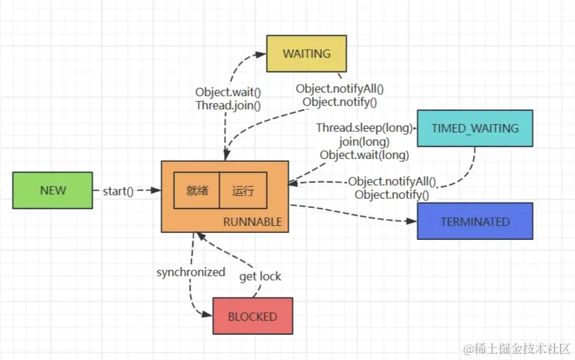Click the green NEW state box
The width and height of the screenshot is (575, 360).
pyautogui.click(x=52, y=190)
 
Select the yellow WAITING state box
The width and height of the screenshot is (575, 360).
pyautogui.click(x=306, y=54)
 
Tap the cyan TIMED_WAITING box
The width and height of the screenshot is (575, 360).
pyautogui.click(x=475, y=128)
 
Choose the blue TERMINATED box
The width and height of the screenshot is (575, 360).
pyautogui.click(x=475, y=221)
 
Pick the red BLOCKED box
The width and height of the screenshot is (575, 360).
pyautogui.click(x=253, y=316)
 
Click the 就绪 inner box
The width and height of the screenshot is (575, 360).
pyautogui.click(x=197, y=190)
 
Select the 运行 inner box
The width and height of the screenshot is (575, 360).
pyautogui.click(x=243, y=190)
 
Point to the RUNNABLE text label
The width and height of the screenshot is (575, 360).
pyautogui.click(x=253, y=222)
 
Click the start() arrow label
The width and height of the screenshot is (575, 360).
pyautogui.click(x=118, y=190)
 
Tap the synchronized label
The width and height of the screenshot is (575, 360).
pyautogui.click(x=191, y=272)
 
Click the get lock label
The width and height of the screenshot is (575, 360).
pyautogui.click(x=260, y=276)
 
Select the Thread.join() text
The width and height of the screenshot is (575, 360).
pyautogui.click(x=228, y=106)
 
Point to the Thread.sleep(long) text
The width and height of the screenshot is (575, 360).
pyautogui.click(x=364, y=128)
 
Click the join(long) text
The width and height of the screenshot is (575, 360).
pyautogui.click(x=364, y=142)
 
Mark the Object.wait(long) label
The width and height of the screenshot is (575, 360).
pyautogui.click(x=364, y=155)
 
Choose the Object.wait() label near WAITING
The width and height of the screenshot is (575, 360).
pyautogui.click(x=228, y=93)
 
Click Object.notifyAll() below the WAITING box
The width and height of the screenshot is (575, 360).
pyautogui.click(x=340, y=89)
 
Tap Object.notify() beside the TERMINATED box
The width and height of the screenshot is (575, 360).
pyautogui.click(x=391, y=195)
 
